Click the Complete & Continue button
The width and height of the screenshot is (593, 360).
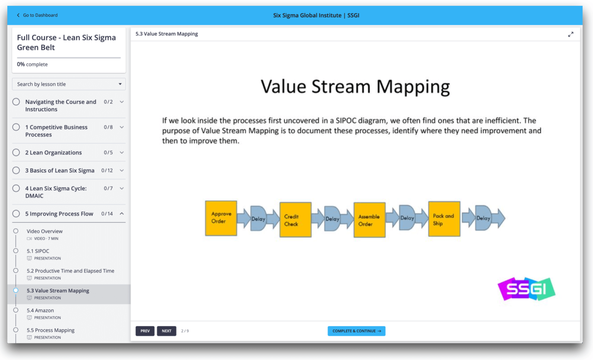pos(356,331)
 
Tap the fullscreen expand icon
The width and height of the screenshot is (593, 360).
pos(570,34)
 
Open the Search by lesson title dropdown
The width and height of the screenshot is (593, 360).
pos(69,84)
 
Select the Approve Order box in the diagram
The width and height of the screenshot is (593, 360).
pos(221,218)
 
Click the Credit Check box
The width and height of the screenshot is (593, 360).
pos(295,220)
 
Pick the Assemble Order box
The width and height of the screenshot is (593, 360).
pos(369,220)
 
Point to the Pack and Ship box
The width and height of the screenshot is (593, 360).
pos(444,219)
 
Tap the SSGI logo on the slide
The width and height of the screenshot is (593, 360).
pos(526,289)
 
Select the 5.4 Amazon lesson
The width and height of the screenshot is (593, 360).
pos(40,311)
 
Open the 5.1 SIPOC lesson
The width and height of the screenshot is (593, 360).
pos(38,251)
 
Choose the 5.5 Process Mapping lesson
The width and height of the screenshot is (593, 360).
pos(51,330)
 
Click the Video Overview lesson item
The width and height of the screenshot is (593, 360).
pos(44,231)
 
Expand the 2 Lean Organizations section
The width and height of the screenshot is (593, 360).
pos(122,153)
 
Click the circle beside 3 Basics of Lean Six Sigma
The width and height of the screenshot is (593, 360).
pos(16,170)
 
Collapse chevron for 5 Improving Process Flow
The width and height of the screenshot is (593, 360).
pos(122,214)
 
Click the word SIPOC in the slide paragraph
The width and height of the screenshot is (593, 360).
pos(346,121)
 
